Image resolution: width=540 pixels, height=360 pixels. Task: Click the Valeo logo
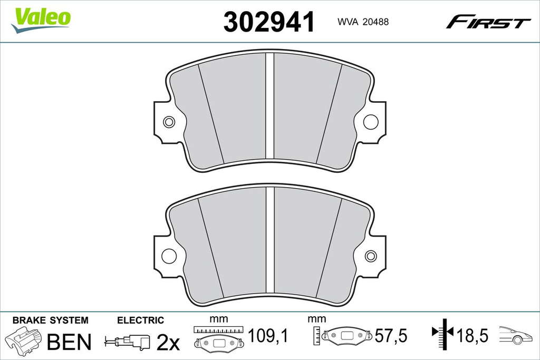click(x=41, y=21)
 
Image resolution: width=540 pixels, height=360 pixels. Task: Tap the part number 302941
click(x=269, y=22)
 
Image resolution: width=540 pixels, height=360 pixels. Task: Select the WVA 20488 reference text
click(x=363, y=22)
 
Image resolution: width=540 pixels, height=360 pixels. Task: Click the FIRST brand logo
click(x=488, y=22)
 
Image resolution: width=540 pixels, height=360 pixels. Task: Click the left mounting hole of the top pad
click(x=169, y=122)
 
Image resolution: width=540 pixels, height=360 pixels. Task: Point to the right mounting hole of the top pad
click(x=371, y=122)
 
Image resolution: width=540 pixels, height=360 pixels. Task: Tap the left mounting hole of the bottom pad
click(x=169, y=256)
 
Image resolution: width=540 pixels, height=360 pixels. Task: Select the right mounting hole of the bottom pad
click(x=371, y=256)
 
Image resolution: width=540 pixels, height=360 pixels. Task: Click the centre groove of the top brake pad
click(x=270, y=106)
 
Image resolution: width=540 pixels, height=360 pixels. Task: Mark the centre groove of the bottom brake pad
click(x=270, y=240)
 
